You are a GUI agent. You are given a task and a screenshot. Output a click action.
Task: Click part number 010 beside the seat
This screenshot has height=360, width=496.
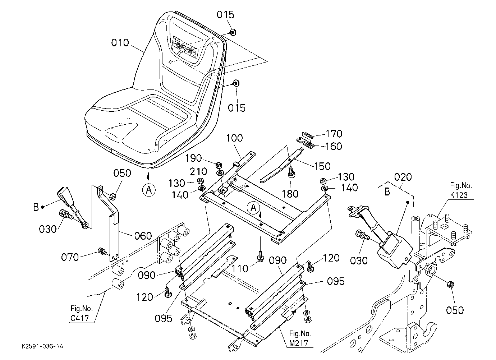point(120,43)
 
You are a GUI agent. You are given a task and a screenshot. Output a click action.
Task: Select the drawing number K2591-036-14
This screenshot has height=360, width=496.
point(42,346)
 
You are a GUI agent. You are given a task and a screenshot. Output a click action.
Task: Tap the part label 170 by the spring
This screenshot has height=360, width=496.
point(334,134)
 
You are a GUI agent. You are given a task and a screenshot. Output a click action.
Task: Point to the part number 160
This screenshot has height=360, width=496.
point(334,146)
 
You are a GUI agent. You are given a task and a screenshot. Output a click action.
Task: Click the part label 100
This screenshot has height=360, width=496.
point(234,138)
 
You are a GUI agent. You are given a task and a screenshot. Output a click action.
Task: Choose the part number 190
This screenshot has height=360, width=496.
point(193,158)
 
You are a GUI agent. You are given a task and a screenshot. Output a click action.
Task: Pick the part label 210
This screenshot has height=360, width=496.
point(198,172)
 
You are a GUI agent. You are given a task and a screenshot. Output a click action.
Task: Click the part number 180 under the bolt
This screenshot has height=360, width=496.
point(290,194)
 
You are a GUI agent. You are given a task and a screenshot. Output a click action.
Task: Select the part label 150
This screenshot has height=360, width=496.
point(322,166)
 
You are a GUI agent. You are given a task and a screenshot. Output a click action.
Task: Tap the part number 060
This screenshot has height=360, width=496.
point(143,236)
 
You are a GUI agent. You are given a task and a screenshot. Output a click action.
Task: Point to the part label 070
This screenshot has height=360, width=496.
point(70,257)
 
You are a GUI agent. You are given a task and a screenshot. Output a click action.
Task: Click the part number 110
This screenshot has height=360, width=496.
point(240,269)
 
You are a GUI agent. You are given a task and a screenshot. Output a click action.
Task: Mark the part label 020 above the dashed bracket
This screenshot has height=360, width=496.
point(403,177)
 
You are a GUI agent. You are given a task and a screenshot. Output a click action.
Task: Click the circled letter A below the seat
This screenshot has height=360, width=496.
point(149,190)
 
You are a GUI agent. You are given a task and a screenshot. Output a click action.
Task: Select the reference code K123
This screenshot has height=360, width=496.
point(459,195)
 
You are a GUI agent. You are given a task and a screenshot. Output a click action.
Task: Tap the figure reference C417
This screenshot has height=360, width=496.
point(80,318)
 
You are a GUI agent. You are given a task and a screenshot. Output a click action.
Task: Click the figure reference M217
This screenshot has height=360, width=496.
point(298,343)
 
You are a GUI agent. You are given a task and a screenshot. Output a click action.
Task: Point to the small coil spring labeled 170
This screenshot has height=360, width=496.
point(308,135)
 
